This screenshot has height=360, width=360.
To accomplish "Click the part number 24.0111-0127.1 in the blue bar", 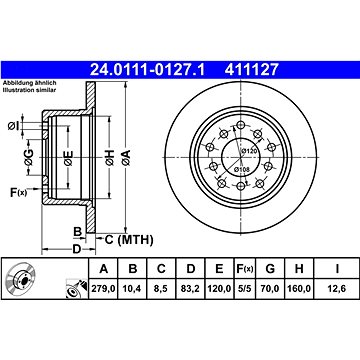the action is point(148,70).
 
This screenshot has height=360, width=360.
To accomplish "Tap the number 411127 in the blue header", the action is point(252,70).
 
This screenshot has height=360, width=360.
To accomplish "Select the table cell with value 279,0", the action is point(104,288).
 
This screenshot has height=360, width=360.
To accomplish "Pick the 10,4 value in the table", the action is point(133,288).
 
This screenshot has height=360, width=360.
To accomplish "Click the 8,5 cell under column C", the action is point(161,288).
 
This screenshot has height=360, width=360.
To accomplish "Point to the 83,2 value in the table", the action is point(190,288).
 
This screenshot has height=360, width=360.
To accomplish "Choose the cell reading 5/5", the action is point(244,288).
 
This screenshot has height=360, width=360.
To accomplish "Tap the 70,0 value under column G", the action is point(270,288).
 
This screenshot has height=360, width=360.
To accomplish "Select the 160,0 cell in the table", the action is point(299,288).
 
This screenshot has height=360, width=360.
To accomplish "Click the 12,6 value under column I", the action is point(337,288).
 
